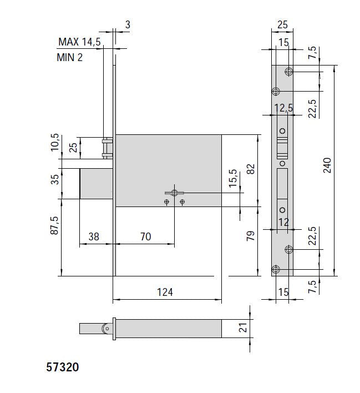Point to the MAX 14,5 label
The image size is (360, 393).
click(79, 42)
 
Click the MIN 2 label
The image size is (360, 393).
click(70, 57)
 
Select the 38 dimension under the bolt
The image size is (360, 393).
click(94, 236)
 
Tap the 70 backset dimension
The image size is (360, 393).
click(145, 236)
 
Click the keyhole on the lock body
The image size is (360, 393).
click(174, 193)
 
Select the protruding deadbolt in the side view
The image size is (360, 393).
click(97, 183)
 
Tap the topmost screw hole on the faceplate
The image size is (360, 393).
click(288, 72)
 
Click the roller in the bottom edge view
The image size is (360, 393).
click(105, 329)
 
